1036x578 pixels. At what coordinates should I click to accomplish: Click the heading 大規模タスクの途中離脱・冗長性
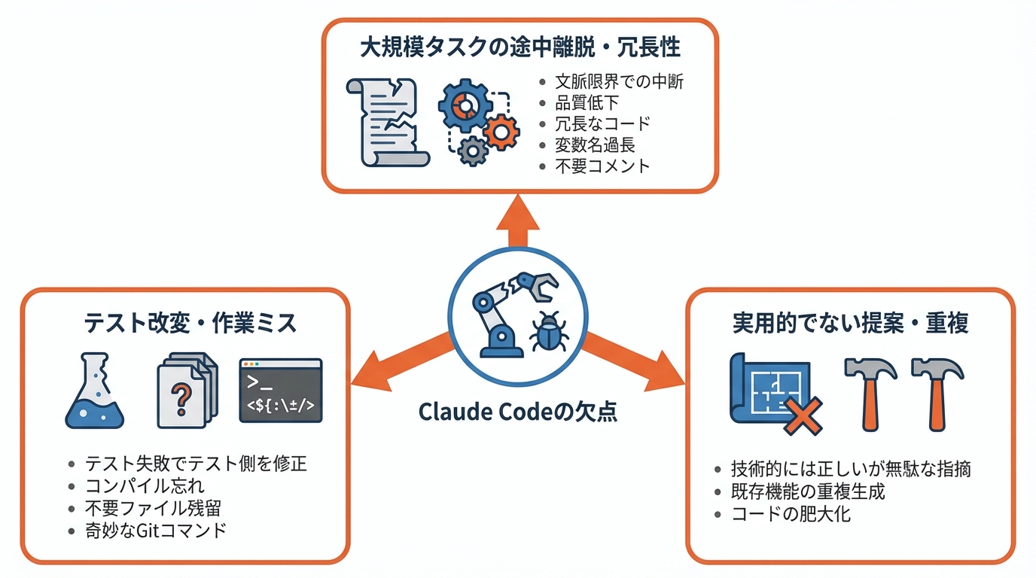pos(520,48)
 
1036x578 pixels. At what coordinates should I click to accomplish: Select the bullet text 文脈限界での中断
pos(619,81)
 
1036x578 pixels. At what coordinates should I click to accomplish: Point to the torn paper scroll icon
pos(386,121)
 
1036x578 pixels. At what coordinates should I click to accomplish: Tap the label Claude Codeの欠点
pos(517,412)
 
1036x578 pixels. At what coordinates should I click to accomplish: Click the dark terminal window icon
pos(280,390)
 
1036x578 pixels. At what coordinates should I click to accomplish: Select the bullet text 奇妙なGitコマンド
pos(156,530)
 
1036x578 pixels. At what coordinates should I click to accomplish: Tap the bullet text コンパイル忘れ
pos(145,486)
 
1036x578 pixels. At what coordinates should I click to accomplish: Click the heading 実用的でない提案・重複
pos(850,323)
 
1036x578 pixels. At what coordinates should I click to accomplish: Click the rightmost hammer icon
pos(937,391)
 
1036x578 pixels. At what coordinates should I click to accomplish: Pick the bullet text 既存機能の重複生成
pos(808,492)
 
